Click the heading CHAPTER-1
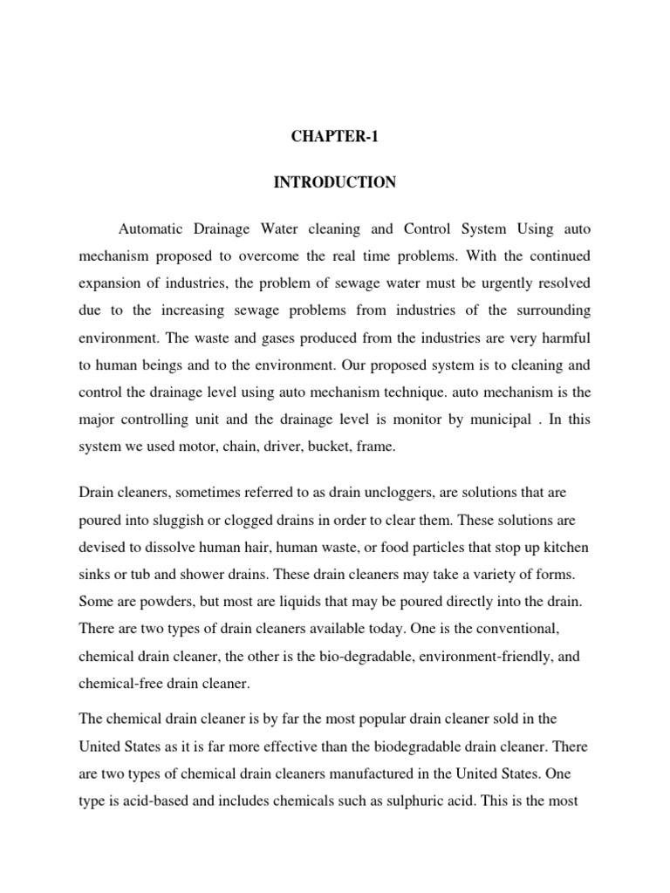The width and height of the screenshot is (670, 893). tap(335, 136)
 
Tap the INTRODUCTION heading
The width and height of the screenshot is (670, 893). tap(335, 183)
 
